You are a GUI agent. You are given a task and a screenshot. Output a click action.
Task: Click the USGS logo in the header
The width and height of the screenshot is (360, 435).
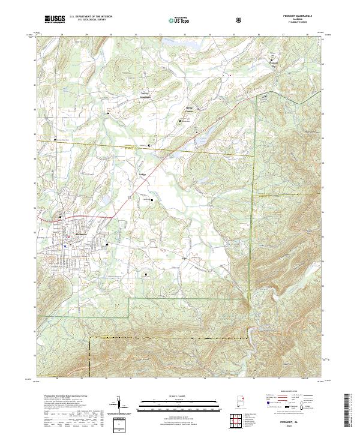click(55, 20)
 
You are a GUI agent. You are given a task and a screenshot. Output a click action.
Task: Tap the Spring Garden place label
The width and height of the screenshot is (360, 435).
click(189, 110)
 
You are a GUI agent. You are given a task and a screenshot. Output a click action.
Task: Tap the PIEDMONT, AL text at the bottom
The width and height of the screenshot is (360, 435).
click(303, 422)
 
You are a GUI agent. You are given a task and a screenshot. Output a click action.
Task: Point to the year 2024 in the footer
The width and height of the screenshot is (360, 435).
click(303, 427)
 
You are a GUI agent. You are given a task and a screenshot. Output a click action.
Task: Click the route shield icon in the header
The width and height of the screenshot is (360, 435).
click(240, 20)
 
